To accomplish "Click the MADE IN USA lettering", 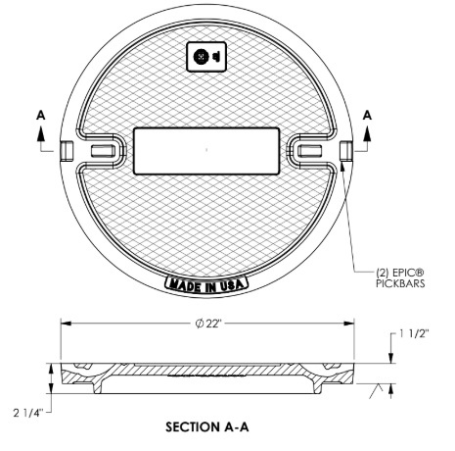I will coord(207,284).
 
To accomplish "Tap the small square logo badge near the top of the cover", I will coord(206,57).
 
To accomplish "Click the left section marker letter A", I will coord(41,114).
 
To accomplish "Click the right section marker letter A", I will coord(368,114).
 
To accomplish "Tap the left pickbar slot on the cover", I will coord(102,150).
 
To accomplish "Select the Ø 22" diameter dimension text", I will coord(206,323).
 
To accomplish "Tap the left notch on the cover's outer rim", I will coord(66,149).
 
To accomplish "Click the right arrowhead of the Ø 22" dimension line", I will coord(349,323).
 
